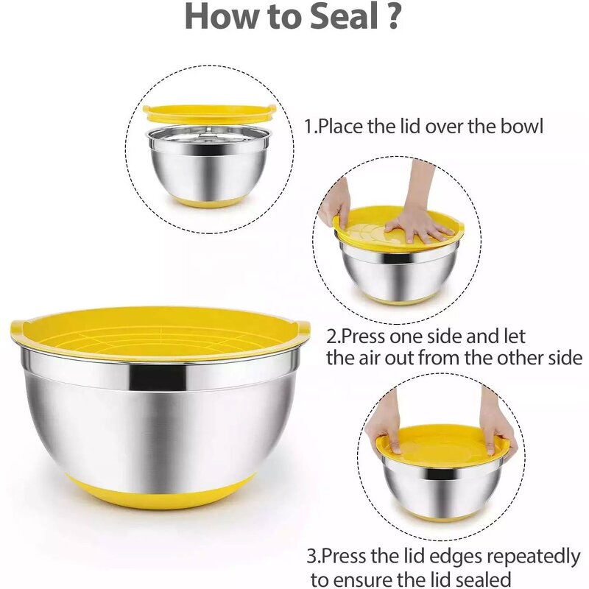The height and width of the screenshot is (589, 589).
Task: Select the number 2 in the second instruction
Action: (x=332, y=337)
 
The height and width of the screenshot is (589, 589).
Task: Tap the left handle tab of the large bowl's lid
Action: (x=18, y=328)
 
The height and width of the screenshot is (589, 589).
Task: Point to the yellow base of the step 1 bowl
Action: (x=209, y=200)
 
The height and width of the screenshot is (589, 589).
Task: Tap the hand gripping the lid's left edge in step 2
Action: (x=334, y=202)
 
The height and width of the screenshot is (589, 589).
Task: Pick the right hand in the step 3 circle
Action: (x=497, y=423)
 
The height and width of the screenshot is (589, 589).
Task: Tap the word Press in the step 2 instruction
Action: (x=363, y=337)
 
